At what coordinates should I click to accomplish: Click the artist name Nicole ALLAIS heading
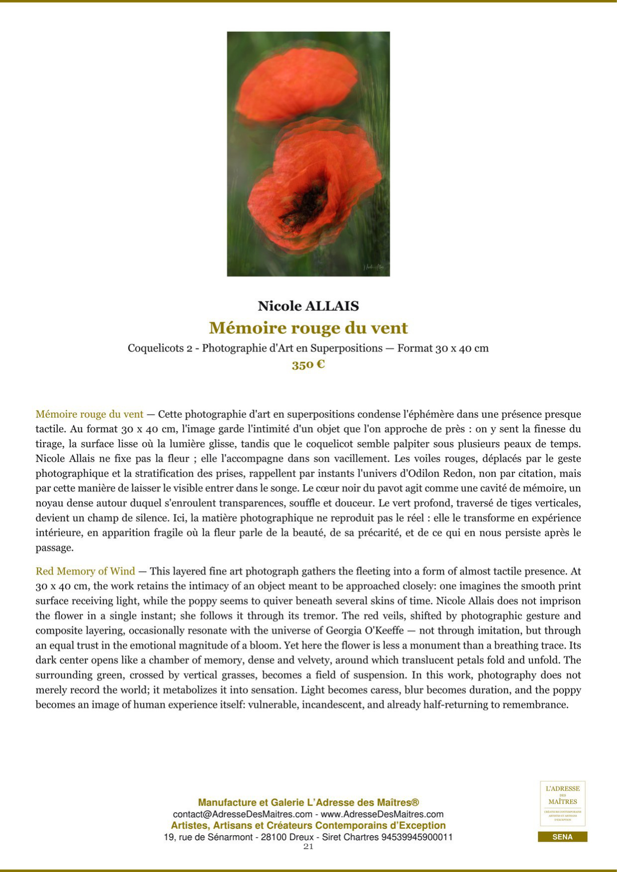tap(308, 306)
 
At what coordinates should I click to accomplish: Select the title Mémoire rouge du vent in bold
tap(308, 328)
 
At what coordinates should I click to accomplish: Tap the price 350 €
tap(308, 364)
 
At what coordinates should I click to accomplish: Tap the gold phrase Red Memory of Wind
tap(85, 571)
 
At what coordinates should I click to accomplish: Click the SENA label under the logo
tap(562, 837)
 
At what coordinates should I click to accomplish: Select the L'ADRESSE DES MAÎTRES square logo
tap(562, 803)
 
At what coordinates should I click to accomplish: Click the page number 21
tap(308, 847)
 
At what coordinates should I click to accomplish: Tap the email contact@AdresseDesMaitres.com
tap(243, 814)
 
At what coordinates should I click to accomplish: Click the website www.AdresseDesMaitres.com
tap(382, 814)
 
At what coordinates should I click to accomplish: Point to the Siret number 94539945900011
tap(417, 837)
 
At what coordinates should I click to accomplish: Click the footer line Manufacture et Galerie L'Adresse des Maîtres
tap(308, 802)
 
